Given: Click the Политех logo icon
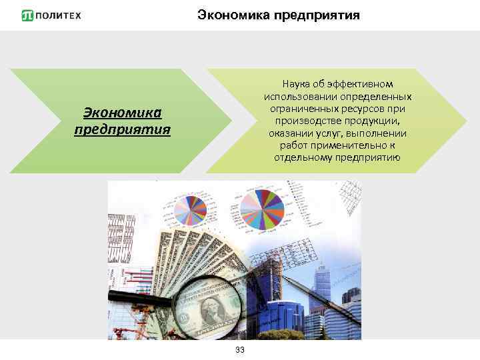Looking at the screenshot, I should point(27,15).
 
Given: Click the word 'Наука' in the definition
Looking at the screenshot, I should point(297,85).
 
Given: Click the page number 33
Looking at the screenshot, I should point(240,351).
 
